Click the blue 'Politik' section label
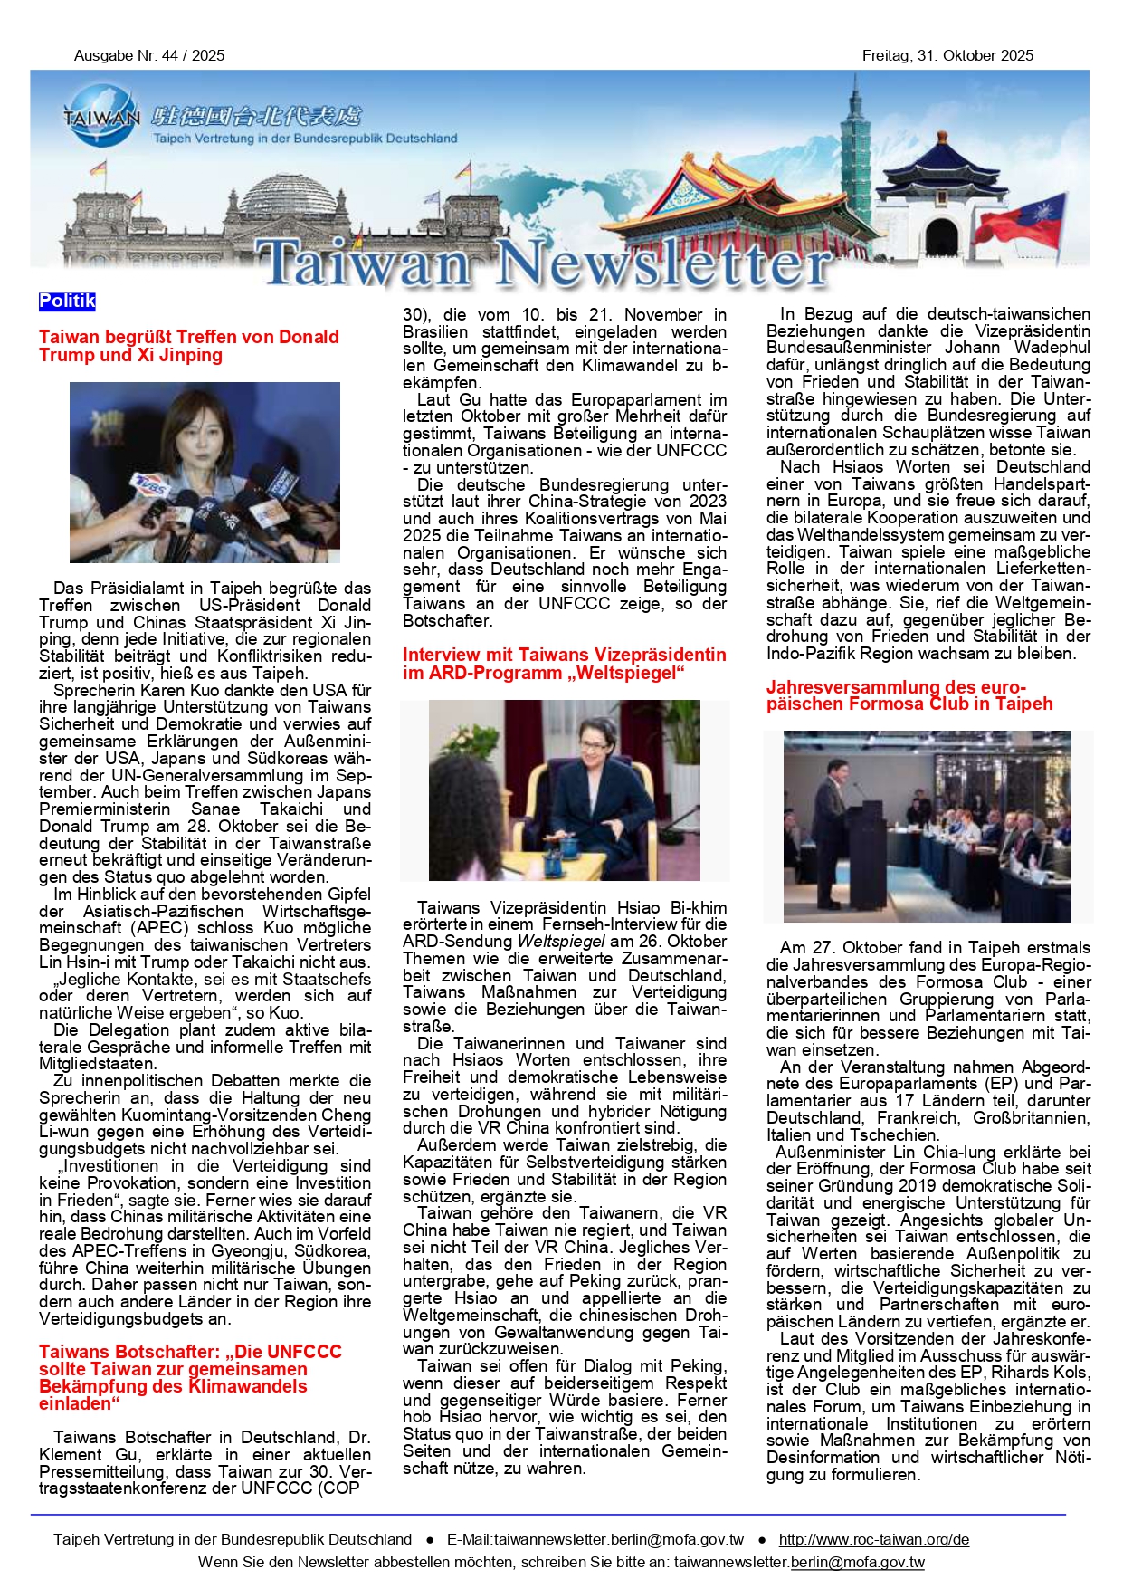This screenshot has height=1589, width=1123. (x=67, y=302)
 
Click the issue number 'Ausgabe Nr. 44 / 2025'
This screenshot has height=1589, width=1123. (x=149, y=55)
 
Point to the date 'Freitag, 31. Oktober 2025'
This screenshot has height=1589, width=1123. (x=947, y=55)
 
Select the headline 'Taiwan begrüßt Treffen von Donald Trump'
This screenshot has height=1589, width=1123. (x=188, y=346)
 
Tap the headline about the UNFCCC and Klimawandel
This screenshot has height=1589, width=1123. (x=190, y=1376)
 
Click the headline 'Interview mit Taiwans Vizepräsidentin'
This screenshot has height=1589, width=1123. (x=564, y=664)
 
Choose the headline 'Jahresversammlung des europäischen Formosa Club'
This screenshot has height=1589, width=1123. (x=909, y=695)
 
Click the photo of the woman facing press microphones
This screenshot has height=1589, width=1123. (x=205, y=472)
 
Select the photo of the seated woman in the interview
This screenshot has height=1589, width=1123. (x=564, y=790)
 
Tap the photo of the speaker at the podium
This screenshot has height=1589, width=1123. (x=927, y=826)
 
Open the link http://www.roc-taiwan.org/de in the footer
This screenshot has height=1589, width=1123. (x=873, y=1539)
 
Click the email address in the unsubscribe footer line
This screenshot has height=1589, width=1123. (x=799, y=1562)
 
